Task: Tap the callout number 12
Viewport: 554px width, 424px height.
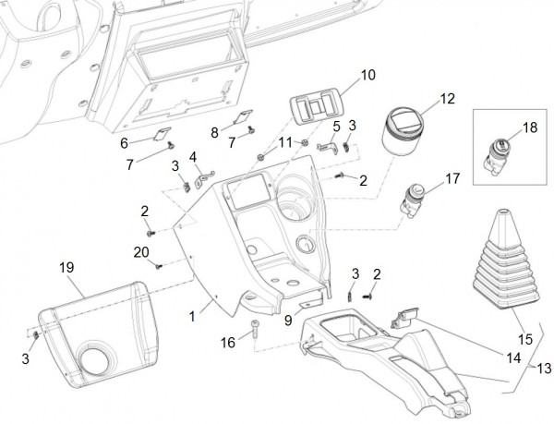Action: pyautogui.click(x=448, y=99)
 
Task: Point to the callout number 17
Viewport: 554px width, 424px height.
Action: pyautogui.click(x=452, y=179)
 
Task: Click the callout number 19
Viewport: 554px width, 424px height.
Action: pyautogui.click(x=66, y=267)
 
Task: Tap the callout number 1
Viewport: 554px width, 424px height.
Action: pyautogui.click(x=192, y=316)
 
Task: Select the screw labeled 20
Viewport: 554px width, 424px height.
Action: pyautogui.click(x=158, y=265)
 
